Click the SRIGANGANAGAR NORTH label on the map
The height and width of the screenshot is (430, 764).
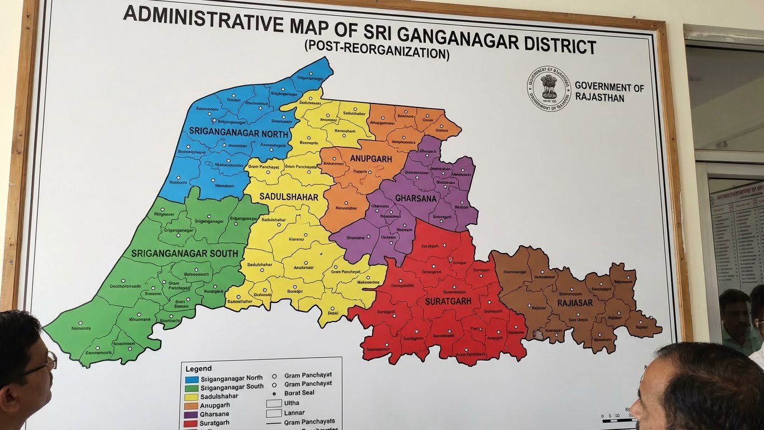click(238, 133)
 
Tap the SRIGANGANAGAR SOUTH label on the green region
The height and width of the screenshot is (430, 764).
click(185, 254)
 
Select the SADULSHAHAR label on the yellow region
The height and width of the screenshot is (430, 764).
click(289, 197)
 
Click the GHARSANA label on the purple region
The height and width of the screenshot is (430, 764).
click(415, 198)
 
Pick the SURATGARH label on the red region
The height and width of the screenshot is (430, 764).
click(448, 301)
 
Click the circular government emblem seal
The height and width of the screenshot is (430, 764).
click(549, 88)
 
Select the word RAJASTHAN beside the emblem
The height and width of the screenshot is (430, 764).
click(599, 98)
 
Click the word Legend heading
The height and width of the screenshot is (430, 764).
click(199, 368)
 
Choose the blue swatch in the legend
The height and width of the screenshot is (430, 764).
click(191, 378)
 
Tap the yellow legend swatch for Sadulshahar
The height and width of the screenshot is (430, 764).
click(191, 396)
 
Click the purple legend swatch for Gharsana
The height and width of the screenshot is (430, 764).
click(191, 414)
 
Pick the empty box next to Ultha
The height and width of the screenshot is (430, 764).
click(274, 403)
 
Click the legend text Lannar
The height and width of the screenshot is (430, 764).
click(294, 413)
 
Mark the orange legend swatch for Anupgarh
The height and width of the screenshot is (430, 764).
click(191, 405)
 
